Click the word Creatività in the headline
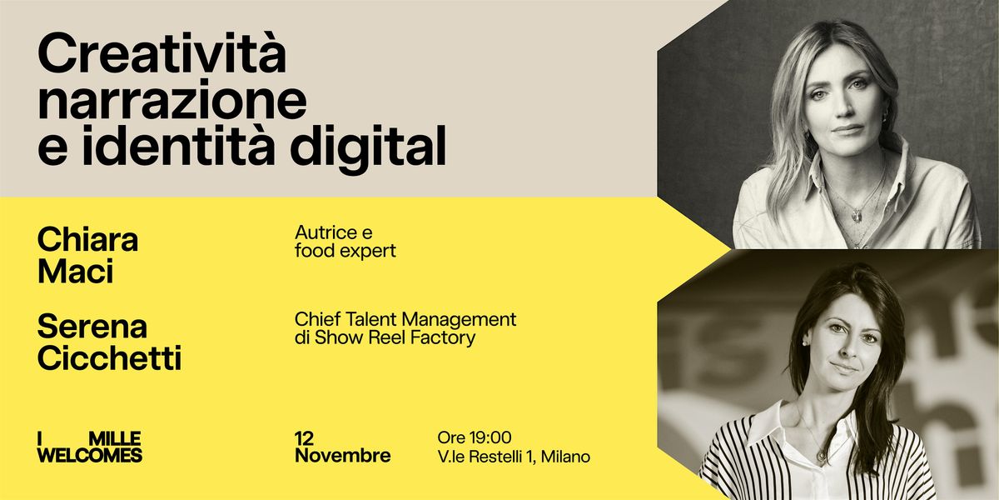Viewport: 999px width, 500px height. [x=162, y=56]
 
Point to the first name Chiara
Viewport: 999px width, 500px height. [x=87, y=240]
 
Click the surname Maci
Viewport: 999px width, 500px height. [x=75, y=271]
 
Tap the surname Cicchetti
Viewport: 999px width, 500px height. [x=109, y=358]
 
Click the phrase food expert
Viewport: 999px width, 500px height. [x=345, y=251]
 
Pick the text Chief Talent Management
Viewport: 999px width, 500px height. [x=405, y=319]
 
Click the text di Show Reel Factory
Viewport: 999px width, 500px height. [x=385, y=337]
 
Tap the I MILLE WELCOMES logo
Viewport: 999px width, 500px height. [x=90, y=447]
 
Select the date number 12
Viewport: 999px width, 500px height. [x=305, y=438]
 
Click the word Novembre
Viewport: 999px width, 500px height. [x=342, y=456]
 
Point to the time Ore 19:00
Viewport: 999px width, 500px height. [x=474, y=437]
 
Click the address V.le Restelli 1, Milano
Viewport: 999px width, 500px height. [x=513, y=457]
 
